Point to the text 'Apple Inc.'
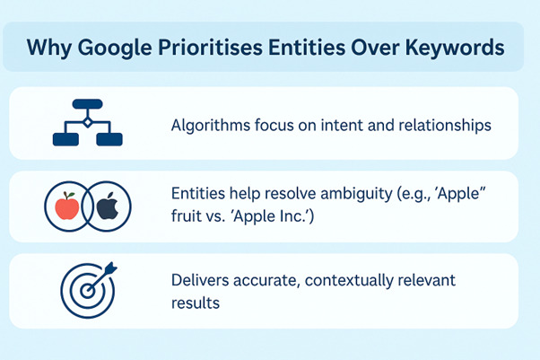tap(268, 220)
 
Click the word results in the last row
tap(195, 303)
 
